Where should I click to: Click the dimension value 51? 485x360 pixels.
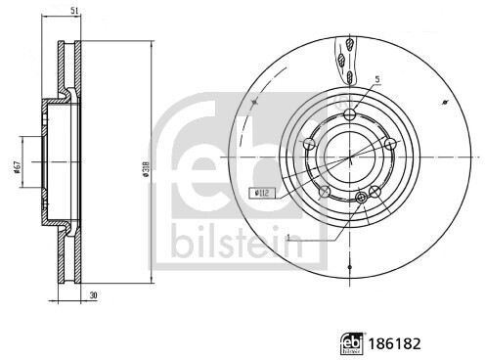coord(74,10)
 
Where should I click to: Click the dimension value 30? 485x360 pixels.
coord(94,295)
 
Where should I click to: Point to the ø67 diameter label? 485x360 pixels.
coord(18,166)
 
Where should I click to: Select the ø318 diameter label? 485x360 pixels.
coord(146,169)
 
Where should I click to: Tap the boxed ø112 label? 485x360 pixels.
coord(262,194)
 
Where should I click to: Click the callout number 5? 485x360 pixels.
coord(377,79)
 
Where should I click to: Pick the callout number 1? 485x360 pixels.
coord(287,238)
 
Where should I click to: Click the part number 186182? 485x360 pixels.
coord(394,343)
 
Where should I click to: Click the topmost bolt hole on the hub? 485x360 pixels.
coord(350,114)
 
